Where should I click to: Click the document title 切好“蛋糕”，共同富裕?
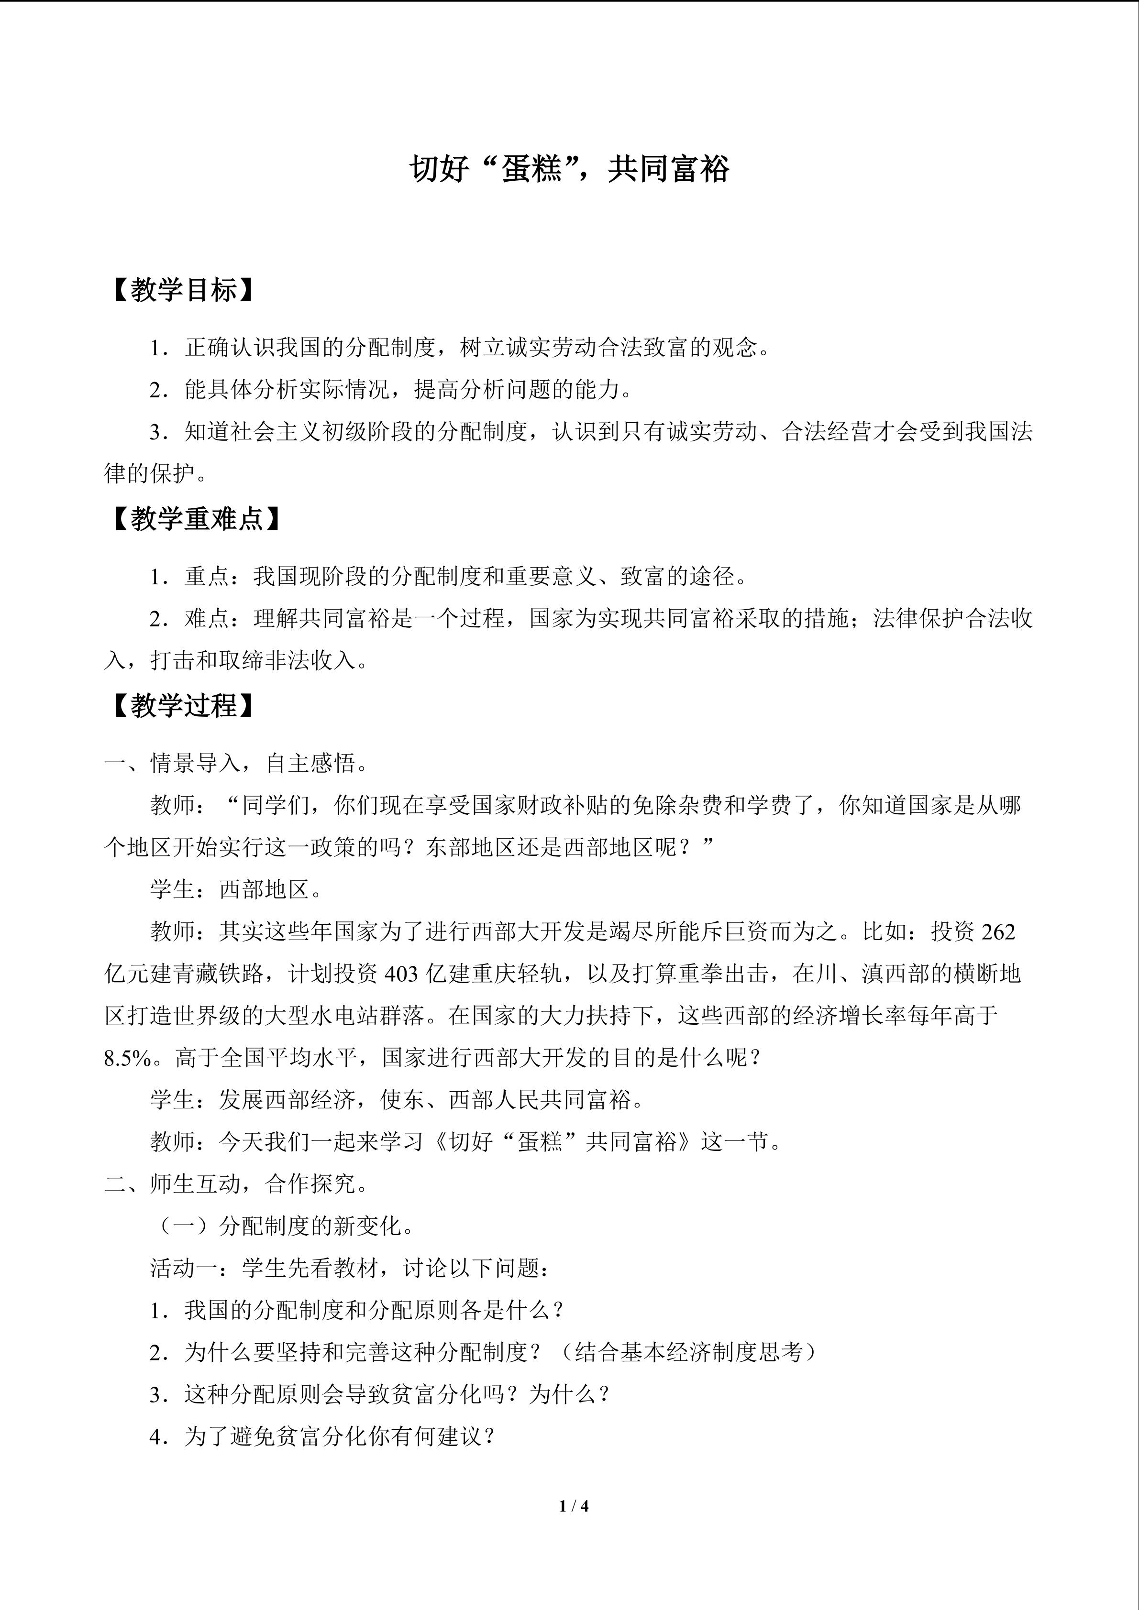(x=569, y=169)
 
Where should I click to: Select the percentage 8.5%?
(x=128, y=1058)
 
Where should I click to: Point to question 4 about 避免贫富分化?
(x=322, y=1437)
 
